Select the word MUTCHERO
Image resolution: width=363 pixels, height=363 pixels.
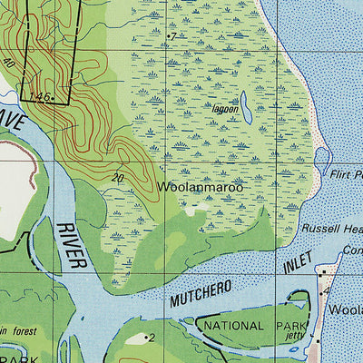pos(200,296)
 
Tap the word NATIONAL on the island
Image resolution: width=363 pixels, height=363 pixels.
pos(234,324)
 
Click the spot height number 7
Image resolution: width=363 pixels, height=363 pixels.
pos(173,35)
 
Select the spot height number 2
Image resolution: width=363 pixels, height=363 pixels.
pos(152,338)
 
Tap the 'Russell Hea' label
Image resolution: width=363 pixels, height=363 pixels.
pos(332,229)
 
